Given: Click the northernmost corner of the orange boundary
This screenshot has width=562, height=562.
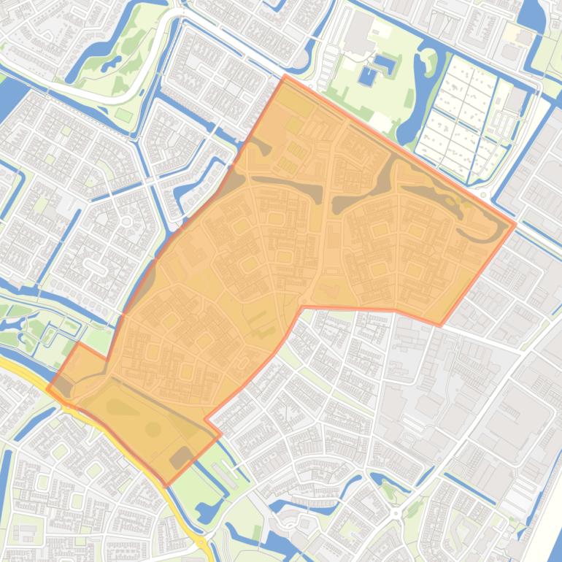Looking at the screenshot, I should [x=285, y=75].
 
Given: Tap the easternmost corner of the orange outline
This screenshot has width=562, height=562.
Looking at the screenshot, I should [x=515, y=224].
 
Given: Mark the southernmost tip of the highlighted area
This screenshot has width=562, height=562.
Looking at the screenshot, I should [x=166, y=485].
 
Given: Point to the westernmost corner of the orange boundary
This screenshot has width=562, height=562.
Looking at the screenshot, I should [x=48, y=388].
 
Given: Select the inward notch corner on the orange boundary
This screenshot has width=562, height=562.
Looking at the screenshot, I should [x=206, y=420].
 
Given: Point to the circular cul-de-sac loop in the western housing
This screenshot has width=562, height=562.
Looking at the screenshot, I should [x=126, y=220].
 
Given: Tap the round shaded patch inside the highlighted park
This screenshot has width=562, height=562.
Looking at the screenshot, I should [x=153, y=429].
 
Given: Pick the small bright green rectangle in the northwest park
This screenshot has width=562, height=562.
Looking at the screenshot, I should [x=123, y=115].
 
